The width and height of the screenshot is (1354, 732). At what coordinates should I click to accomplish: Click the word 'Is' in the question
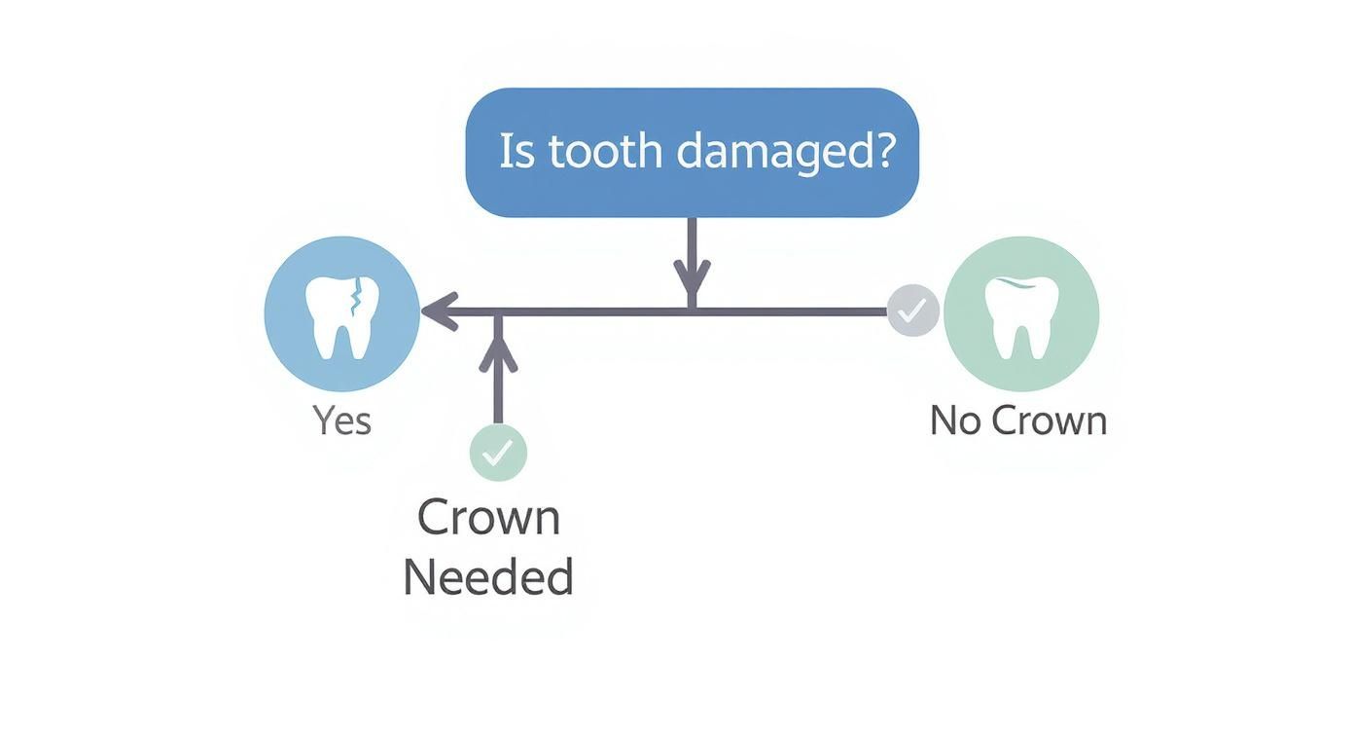[517, 152]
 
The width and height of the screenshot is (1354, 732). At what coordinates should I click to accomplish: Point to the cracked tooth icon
[341, 314]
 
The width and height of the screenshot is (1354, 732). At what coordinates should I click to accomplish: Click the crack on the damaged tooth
[357, 297]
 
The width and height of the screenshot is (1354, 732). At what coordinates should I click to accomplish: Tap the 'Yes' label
[341, 421]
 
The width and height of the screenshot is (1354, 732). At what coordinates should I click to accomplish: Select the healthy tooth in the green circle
[1019, 314]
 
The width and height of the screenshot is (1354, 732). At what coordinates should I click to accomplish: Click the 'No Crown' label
[1018, 421]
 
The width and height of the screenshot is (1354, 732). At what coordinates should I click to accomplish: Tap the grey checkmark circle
[913, 311]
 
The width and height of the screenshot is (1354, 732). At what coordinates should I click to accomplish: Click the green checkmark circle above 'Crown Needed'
[498, 453]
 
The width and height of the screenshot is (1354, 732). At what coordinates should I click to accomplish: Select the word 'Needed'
[487, 577]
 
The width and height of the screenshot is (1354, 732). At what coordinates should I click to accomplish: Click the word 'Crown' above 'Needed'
[488, 518]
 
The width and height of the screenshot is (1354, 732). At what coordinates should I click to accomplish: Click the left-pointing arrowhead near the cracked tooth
[438, 311]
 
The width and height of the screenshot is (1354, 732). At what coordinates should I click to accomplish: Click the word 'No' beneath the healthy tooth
[953, 421]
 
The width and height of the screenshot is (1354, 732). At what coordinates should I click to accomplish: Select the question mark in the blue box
[883, 152]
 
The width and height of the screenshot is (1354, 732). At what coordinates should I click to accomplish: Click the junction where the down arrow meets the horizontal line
[692, 311]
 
